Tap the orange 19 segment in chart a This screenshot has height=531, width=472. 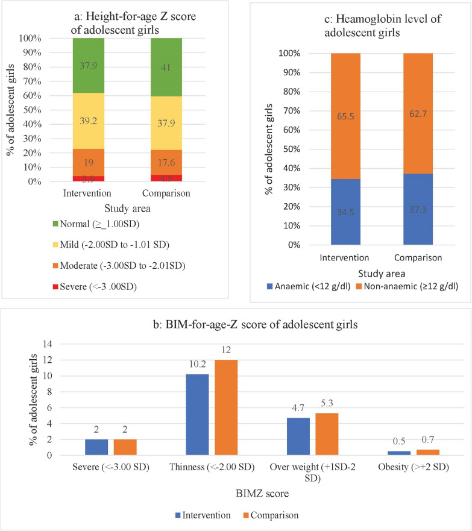(89, 162)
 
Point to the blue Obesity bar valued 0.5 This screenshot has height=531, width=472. (398, 453)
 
